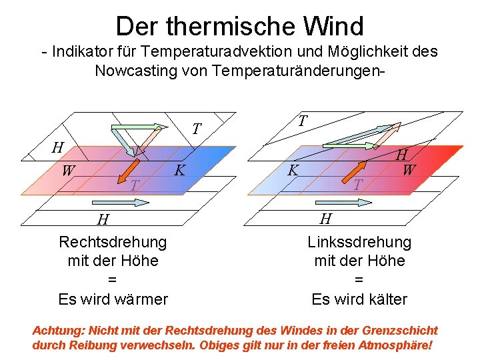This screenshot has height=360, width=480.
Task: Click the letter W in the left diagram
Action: tap(68, 171)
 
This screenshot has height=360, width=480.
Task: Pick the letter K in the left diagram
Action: tap(179, 171)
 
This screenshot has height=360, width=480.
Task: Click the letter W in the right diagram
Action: tap(409, 171)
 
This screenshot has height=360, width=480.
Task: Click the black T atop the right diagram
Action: tap(302, 121)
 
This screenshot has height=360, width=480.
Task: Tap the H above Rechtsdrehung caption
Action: tap(103, 219)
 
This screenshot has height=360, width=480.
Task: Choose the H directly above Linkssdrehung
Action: tap(325, 219)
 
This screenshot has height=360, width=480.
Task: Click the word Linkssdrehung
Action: tap(359, 242)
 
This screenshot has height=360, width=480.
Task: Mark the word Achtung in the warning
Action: tap(53, 331)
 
